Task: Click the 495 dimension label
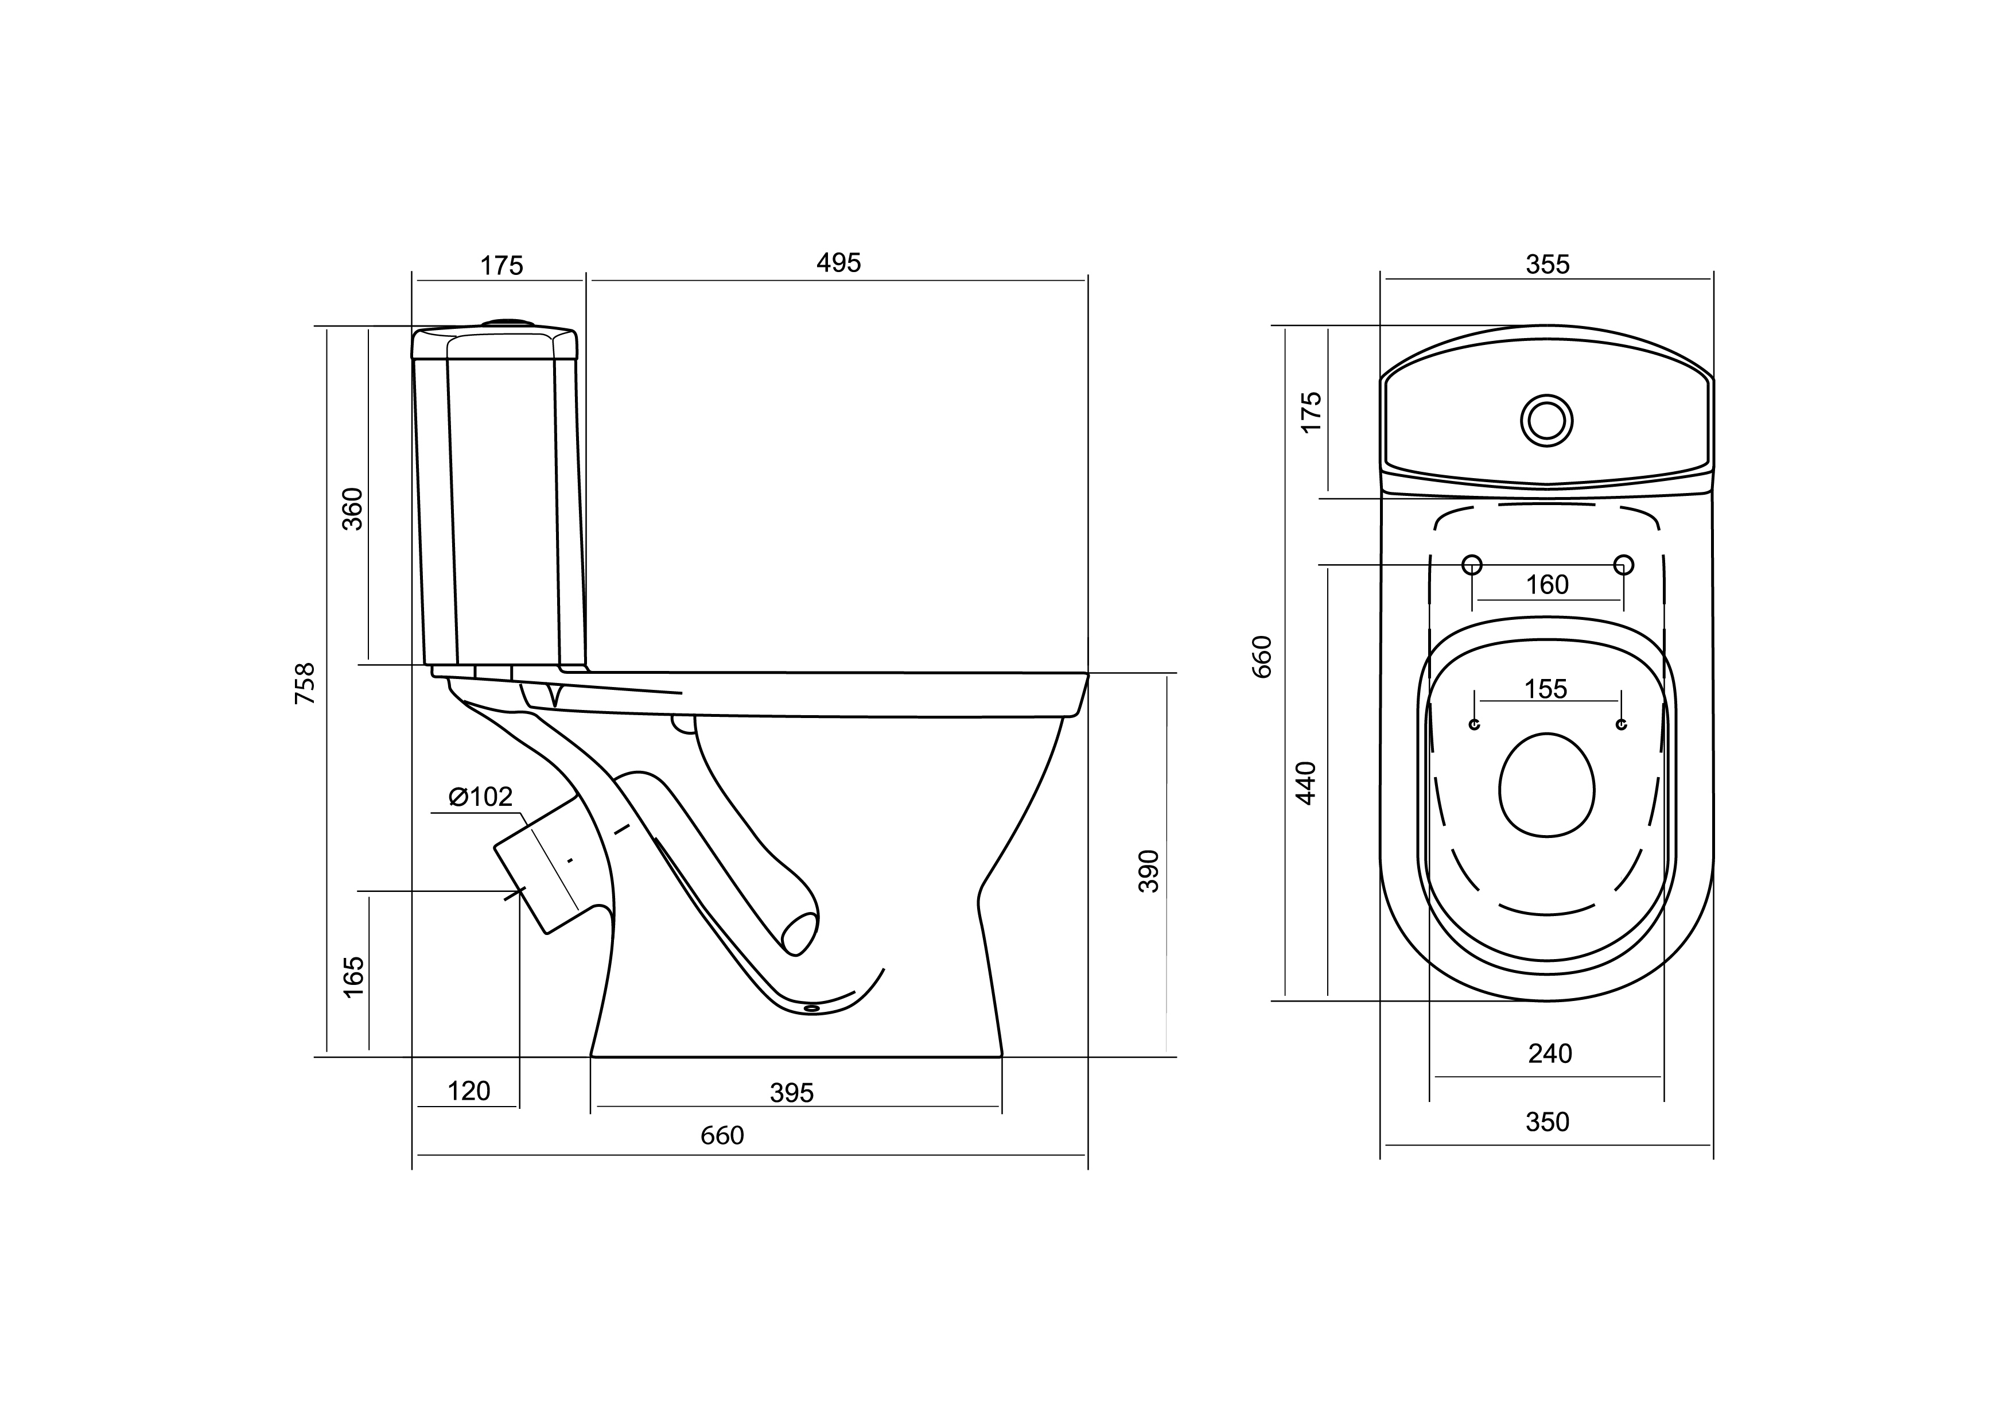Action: point(838,263)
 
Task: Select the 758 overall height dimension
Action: point(304,684)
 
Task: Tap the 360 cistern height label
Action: point(353,509)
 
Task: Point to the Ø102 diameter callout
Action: point(481,797)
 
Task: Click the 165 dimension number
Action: point(353,976)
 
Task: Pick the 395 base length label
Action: point(791,1093)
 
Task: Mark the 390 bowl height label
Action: point(1149,871)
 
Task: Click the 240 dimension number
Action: point(1550,1054)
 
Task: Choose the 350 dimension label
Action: point(1548,1122)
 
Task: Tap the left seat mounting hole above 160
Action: point(1473,564)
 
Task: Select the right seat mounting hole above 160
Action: point(1624,564)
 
